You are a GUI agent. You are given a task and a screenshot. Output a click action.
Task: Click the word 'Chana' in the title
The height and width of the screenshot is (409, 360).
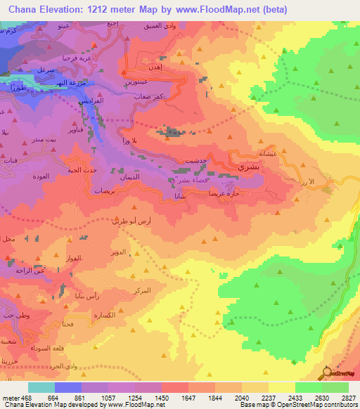[23, 9]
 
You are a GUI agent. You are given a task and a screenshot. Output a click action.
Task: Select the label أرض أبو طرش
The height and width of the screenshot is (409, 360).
[130, 221]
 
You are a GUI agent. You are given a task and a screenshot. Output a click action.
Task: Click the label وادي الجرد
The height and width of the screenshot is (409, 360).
[75, 366]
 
